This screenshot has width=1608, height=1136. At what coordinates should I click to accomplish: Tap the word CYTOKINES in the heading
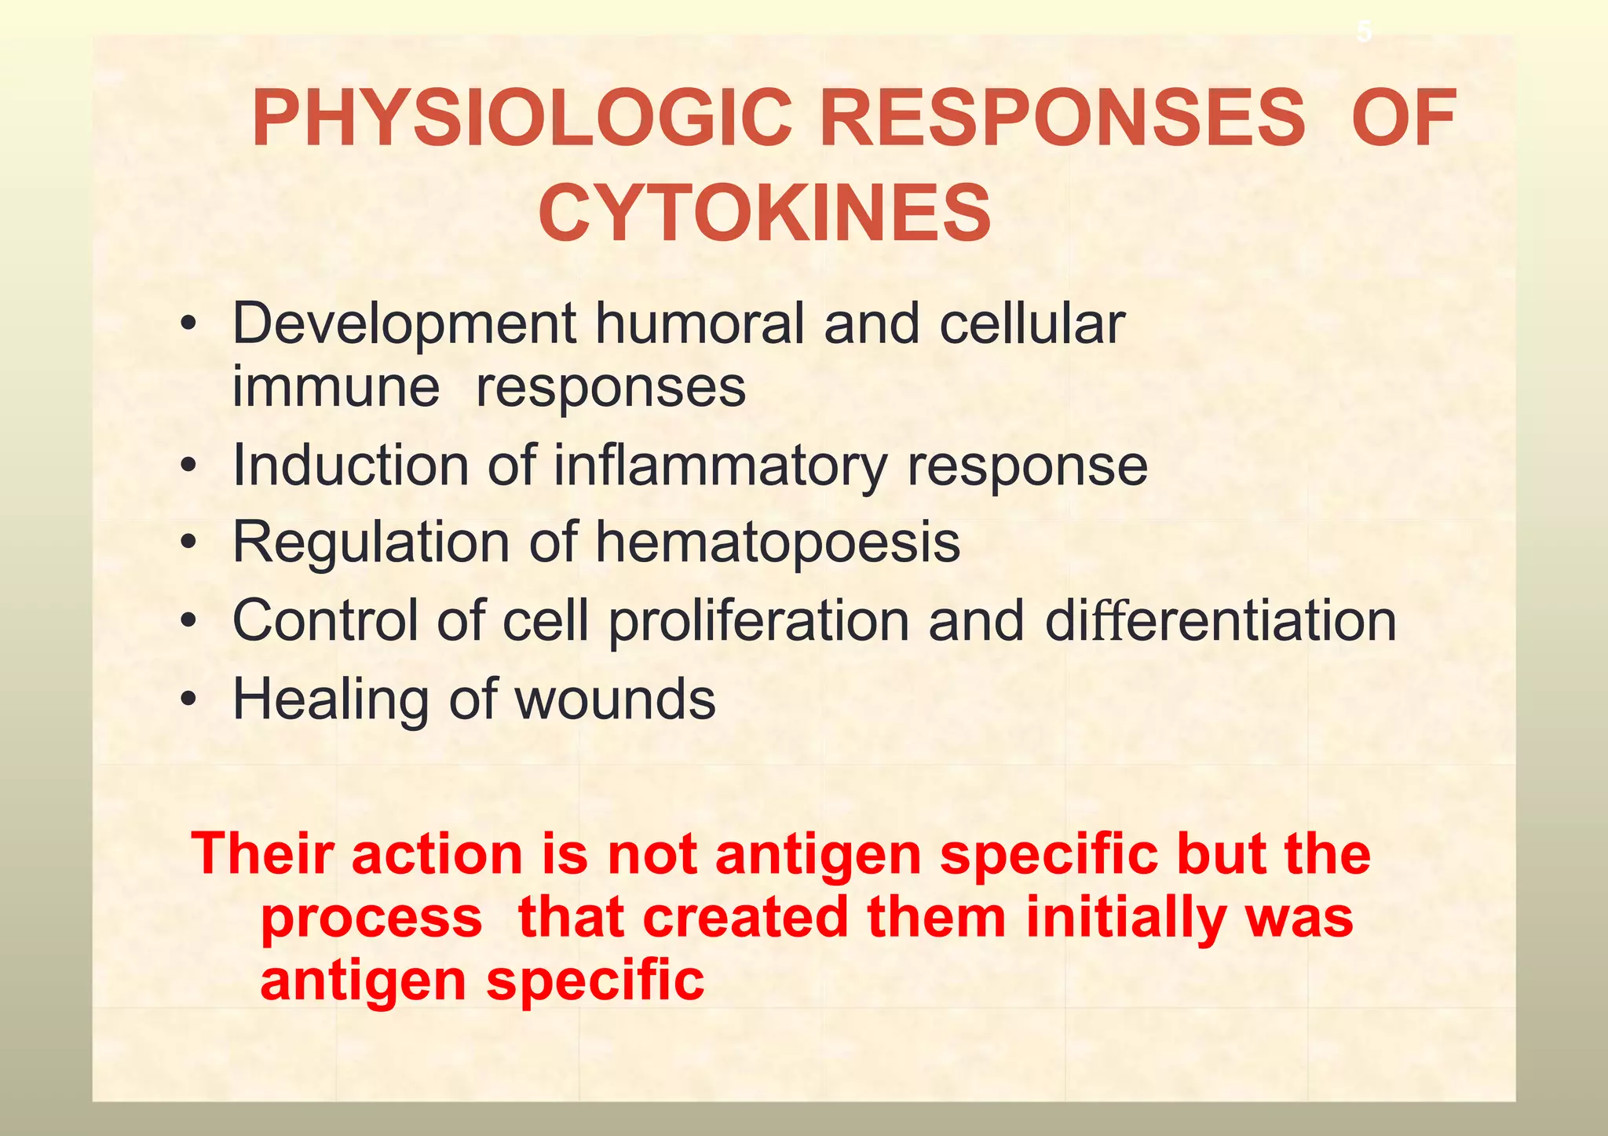click(765, 214)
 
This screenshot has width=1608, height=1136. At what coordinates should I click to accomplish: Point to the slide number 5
click(1364, 32)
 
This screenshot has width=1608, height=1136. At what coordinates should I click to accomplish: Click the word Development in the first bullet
click(404, 323)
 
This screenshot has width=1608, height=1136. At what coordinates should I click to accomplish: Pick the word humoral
click(700, 323)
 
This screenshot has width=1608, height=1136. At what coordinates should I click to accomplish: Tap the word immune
click(335, 387)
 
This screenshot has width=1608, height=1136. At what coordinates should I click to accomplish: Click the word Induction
click(351, 466)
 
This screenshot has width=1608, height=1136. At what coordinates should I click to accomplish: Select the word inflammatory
click(720, 466)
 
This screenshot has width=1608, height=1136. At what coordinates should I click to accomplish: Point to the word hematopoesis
click(778, 542)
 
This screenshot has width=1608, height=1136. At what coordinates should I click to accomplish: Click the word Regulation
click(371, 542)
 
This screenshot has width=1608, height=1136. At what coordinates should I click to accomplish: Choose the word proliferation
click(758, 621)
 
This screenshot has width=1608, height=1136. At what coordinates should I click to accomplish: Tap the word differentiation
click(1220, 621)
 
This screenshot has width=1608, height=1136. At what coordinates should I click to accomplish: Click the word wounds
click(615, 699)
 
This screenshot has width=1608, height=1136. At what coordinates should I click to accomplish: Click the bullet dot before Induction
click(187, 466)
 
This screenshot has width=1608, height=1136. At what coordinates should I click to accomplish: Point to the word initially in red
click(1124, 917)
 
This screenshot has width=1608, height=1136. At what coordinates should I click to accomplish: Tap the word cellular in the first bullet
click(1032, 323)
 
